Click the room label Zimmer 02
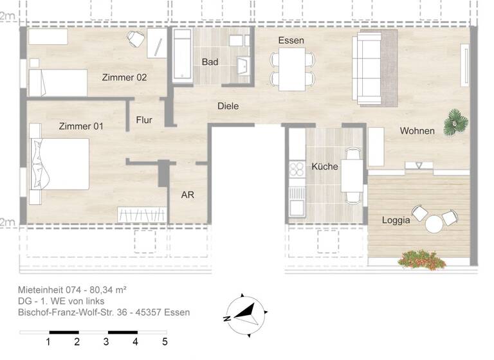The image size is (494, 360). pyautogui.click(x=124, y=77)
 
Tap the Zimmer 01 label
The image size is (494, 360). pyautogui.click(x=80, y=126)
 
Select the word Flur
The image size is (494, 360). pyautogui.click(x=145, y=120)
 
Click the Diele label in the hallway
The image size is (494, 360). pyautogui.click(x=228, y=106)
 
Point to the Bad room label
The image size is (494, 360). pyautogui.click(x=210, y=62)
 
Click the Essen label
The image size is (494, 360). pyautogui.click(x=291, y=40)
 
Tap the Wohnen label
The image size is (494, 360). pyautogui.click(x=417, y=130)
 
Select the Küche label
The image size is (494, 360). pyautogui.click(x=324, y=166)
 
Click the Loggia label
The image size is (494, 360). pyautogui.click(x=396, y=220)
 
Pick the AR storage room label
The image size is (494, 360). pyautogui.click(x=187, y=195)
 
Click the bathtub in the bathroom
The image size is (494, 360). pyautogui.click(x=182, y=57)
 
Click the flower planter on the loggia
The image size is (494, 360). pyautogui.click(x=423, y=259)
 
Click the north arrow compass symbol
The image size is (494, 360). pyautogui.click(x=246, y=314)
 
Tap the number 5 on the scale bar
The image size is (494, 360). pyautogui.click(x=165, y=341)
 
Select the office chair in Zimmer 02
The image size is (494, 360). pyautogui.click(x=136, y=39)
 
